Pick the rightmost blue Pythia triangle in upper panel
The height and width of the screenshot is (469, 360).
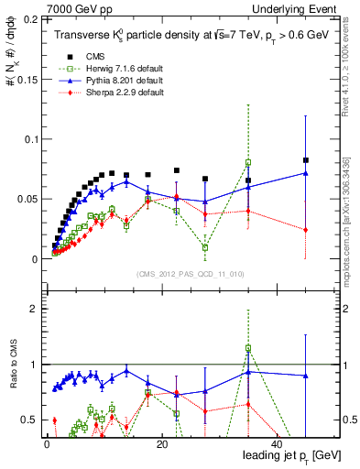point(306,173)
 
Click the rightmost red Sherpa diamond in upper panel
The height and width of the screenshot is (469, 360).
point(306,230)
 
